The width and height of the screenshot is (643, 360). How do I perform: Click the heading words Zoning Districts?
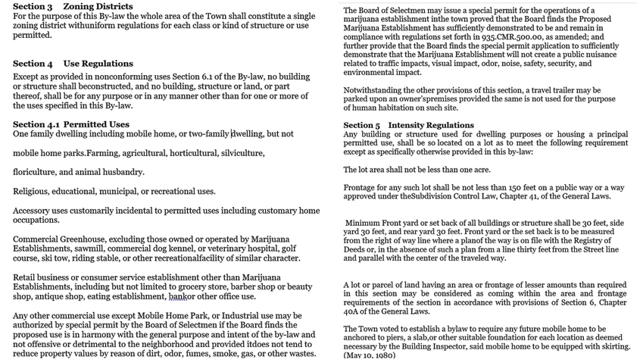(98, 7)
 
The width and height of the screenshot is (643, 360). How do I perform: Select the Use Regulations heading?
(98, 64)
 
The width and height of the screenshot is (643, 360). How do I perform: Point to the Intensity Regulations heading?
(431, 125)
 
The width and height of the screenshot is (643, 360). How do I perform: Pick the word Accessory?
(36, 210)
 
